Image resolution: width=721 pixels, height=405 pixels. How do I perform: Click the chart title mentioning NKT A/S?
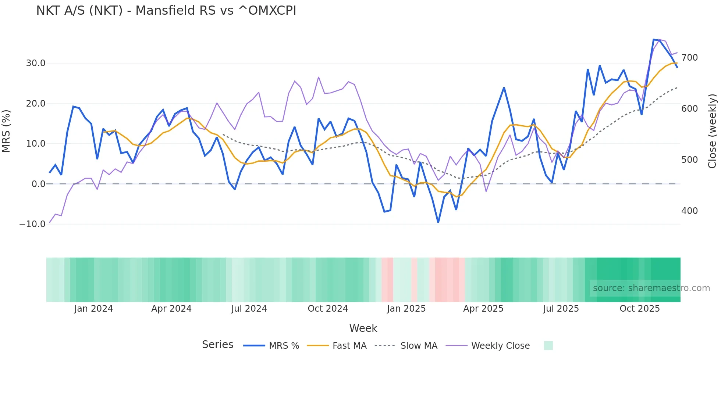click(x=166, y=11)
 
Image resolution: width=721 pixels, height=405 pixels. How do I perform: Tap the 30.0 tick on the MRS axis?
click(x=36, y=63)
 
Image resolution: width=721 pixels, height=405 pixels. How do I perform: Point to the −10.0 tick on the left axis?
click(x=32, y=224)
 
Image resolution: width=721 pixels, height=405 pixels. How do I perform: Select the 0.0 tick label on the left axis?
click(x=38, y=184)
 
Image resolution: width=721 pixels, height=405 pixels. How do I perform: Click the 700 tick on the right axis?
click(x=689, y=58)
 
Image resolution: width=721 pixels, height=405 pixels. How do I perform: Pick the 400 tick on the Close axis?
click(x=689, y=211)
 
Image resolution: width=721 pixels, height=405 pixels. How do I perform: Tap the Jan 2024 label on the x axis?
click(x=93, y=309)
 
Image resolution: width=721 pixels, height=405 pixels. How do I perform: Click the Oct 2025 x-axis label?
click(x=639, y=309)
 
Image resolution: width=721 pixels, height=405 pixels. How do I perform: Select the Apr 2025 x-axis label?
click(x=483, y=309)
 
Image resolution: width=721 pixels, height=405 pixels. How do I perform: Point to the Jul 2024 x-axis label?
click(x=249, y=309)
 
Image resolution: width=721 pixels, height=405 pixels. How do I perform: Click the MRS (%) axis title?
click(x=6, y=131)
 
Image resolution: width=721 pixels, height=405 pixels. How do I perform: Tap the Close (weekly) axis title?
click(x=713, y=131)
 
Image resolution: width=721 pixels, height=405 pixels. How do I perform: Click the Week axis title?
click(x=363, y=328)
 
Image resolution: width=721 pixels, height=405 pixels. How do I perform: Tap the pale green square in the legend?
click(x=548, y=345)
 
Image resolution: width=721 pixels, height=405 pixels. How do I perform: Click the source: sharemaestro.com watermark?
click(x=651, y=288)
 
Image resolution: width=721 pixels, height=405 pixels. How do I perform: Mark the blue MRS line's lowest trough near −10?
click(x=438, y=222)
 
